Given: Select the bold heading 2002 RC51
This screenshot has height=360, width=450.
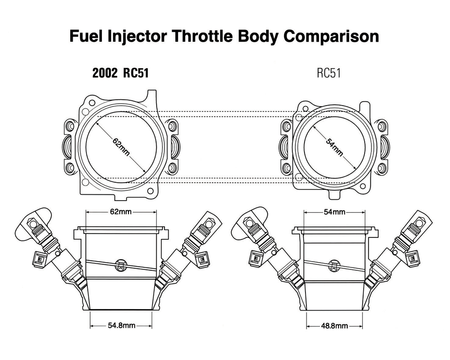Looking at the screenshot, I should [x=121, y=73].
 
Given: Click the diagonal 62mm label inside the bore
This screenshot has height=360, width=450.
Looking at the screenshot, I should [x=121, y=147].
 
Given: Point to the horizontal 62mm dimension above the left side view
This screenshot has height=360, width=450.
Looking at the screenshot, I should [x=121, y=212].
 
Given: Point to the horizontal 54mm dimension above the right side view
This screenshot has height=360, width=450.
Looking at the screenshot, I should [x=334, y=212].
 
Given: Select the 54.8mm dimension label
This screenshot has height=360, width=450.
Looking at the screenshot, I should [x=121, y=325].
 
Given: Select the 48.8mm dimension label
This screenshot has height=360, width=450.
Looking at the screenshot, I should [x=334, y=326].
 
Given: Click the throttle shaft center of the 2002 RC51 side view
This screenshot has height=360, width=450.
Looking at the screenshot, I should [x=121, y=265].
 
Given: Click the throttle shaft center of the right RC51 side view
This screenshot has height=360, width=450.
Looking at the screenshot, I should [x=334, y=265].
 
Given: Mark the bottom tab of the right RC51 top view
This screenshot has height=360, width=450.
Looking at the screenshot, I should [x=337, y=195].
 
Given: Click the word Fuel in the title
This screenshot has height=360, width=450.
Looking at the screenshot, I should [x=85, y=36].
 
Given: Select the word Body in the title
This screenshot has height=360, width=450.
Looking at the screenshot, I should [x=258, y=36].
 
